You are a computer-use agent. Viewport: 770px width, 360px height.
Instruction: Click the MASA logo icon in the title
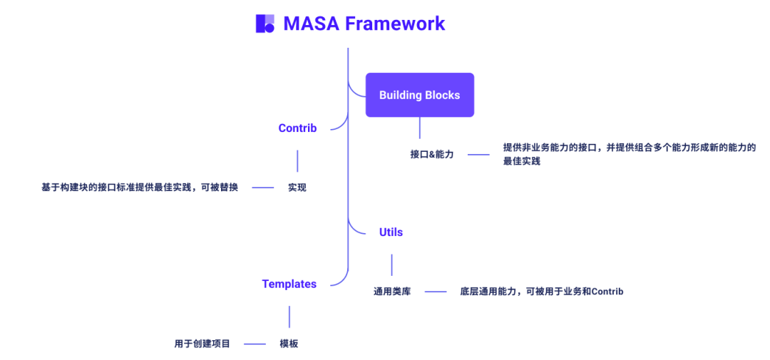265,24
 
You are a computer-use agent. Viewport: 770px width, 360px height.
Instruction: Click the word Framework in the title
395,24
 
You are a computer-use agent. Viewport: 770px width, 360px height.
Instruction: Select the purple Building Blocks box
419,95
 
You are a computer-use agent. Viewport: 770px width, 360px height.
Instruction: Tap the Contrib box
297,128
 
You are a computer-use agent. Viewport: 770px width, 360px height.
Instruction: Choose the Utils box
391,232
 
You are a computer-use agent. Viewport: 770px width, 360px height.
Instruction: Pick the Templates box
289,284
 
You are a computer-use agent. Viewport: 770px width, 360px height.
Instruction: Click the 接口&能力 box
431,154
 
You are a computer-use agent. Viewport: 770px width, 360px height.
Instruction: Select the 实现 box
297,187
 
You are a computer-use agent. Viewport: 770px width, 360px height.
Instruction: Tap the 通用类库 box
392,291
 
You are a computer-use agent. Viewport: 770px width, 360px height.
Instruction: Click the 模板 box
289,344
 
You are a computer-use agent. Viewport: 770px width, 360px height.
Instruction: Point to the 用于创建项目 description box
202,344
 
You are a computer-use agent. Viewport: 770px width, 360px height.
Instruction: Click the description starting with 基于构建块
140,187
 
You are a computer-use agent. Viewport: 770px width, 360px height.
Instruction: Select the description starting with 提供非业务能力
629,154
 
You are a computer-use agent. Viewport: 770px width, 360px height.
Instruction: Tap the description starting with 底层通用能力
541,291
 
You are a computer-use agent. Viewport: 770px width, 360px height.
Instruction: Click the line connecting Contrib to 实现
297,160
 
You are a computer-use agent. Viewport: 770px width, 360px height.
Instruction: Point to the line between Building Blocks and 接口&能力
419,128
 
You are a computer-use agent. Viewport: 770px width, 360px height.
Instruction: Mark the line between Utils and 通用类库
391,264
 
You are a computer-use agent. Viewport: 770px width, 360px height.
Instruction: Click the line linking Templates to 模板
289,317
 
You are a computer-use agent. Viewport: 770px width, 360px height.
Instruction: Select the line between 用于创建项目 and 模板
255,344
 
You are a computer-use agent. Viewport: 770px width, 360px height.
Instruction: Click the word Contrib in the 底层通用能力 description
607,291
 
